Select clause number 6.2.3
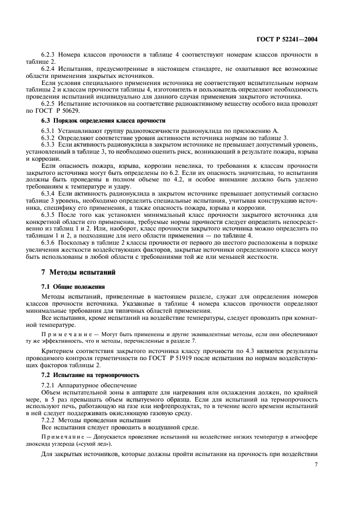click(x=50, y=56)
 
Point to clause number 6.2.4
click(x=50, y=69)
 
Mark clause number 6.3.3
click(x=50, y=144)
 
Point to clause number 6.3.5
click(x=50, y=214)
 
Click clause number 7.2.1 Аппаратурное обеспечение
click(x=50, y=385)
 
